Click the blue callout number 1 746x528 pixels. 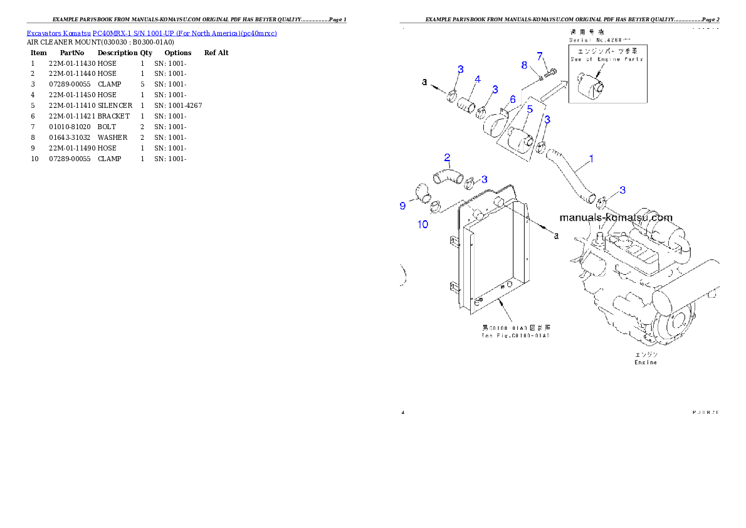[x=591, y=159]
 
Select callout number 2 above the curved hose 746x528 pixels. [x=448, y=157]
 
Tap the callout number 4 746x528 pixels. [x=477, y=80]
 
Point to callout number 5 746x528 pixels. [x=530, y=110]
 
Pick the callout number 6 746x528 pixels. [x=512, y=99]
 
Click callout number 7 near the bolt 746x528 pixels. [x=539, y=56]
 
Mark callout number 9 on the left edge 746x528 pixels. [x=403, y=205]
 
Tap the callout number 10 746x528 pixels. [x=423, y=224]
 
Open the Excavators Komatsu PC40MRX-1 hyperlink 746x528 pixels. [x=152, y=33]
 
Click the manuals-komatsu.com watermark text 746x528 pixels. [x=615, y=218]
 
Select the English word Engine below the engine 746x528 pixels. [x=646, y=362]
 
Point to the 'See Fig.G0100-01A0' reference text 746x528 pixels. [x=515, y=335]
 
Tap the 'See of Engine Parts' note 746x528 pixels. [x=607, y=59]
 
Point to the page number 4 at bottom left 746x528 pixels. [x=403, y=412]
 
